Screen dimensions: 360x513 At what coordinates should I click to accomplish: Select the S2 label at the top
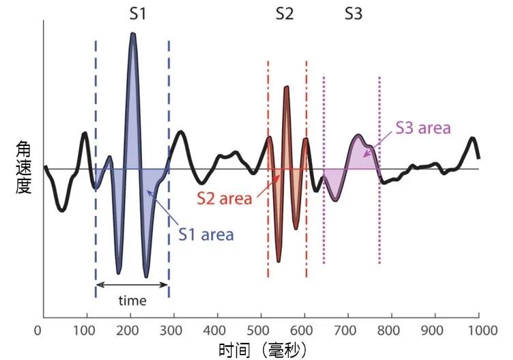pyautogui.click(x=285, y=14)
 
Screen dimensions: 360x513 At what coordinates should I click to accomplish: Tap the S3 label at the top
pyautogui.click(x=354, y=14)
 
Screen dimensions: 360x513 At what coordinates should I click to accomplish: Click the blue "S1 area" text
pyautogui.click(x=206, y=235)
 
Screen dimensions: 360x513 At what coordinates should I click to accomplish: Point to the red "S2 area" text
pyautogui.click(x=224, y=198)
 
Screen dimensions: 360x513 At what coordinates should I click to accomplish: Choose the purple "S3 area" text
pyautogui.click(x=423, y=127)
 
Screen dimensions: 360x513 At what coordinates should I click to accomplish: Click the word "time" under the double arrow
pyautogui.click(x=131, y=300)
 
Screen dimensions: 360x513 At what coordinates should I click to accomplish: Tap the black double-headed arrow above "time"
pyautogui.click(x=131, y=284)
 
